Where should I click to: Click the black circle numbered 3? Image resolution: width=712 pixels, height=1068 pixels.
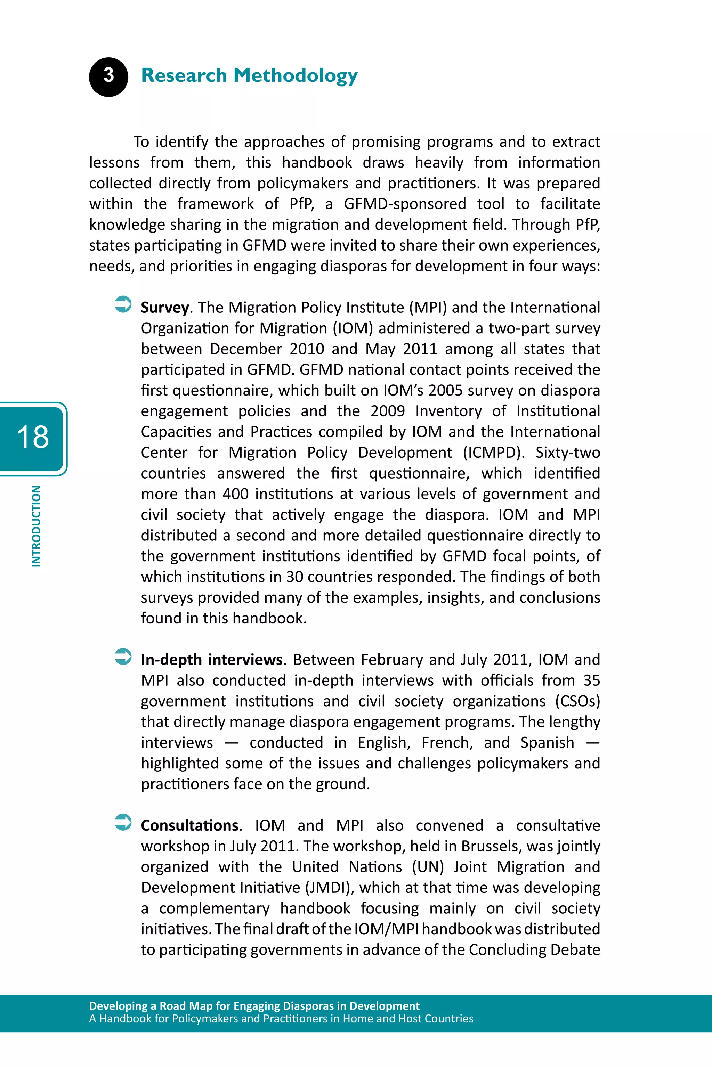pos(108,77)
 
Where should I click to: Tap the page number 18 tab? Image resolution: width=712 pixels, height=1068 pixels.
pos(33,438)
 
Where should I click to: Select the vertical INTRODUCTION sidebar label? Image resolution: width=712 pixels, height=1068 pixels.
pos(36,526)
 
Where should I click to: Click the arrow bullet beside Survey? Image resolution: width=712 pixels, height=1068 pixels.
pos(123,304)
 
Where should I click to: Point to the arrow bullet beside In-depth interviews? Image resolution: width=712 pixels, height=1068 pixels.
pos(123,656)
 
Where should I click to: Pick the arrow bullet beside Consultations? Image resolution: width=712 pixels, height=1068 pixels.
pos(123,822)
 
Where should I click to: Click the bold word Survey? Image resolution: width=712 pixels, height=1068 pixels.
pos(165,308)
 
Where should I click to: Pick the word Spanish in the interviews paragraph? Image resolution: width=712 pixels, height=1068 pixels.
pos(547,743)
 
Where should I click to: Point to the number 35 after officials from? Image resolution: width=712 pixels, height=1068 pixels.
pos(591,680)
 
